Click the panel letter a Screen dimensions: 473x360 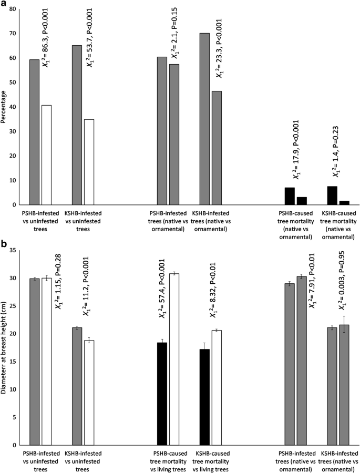[x=4, y=4]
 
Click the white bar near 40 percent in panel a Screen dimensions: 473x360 [x=46, y=155]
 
